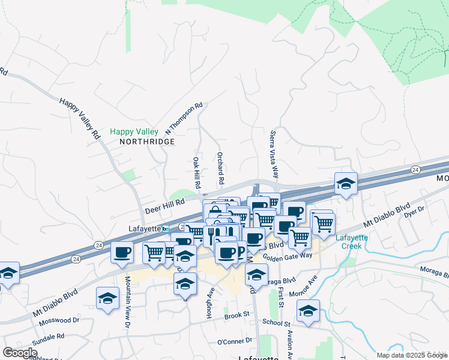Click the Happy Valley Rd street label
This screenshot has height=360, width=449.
79,118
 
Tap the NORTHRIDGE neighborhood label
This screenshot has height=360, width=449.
147,142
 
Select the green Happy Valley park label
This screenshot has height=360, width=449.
134,131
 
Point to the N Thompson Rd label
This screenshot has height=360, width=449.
184,118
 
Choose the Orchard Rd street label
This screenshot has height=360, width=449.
220,168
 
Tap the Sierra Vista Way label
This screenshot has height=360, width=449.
274,155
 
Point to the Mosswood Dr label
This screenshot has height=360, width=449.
59,321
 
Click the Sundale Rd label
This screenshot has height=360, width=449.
47,337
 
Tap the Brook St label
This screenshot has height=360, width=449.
237,315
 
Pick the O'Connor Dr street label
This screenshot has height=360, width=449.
234,341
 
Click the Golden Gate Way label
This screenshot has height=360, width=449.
304,256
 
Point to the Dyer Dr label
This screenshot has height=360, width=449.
414,211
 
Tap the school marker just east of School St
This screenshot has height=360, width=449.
308,311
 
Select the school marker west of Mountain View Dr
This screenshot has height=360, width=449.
107,298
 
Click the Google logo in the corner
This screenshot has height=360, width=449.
20,353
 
